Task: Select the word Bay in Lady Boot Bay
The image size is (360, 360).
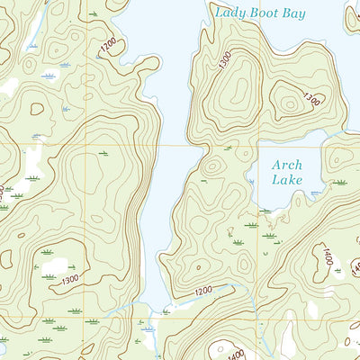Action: (293, 13)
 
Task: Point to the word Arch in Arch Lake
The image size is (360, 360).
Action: (288, 165)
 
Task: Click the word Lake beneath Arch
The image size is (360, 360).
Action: (288, 180)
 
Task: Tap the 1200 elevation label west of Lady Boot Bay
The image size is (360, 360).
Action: (110, 46)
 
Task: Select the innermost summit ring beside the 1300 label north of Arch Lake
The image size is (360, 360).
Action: (291, 103)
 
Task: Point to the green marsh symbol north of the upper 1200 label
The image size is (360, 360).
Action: (94, 15)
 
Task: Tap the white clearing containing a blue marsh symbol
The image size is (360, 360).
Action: (51, 76)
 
